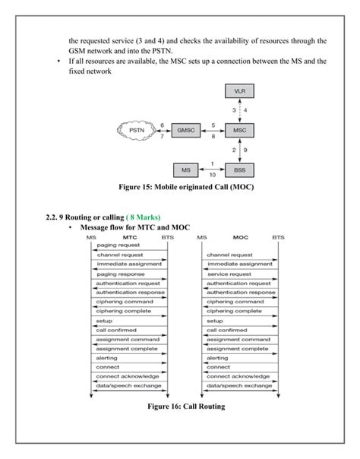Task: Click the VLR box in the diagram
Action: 239,91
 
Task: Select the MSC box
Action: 239,130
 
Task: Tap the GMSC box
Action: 185,130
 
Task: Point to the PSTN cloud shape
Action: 136,130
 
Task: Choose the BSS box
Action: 239,169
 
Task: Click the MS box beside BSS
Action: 185,169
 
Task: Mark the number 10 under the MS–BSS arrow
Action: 213,175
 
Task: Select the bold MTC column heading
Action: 129,237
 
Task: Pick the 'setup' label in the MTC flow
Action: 103,321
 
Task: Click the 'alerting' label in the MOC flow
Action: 217,358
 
